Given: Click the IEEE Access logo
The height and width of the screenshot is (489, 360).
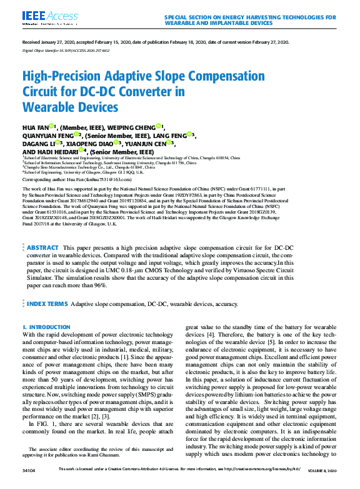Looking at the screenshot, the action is tap(42, 17).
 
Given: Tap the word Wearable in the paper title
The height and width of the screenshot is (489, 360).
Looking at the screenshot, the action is tap(51, 107).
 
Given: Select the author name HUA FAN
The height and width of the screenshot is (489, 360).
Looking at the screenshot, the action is tap(34, 127).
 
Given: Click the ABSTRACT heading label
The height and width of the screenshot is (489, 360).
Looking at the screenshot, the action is tap(43, 266).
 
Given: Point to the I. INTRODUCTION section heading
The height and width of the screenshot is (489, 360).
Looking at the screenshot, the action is tap(46, 327).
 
